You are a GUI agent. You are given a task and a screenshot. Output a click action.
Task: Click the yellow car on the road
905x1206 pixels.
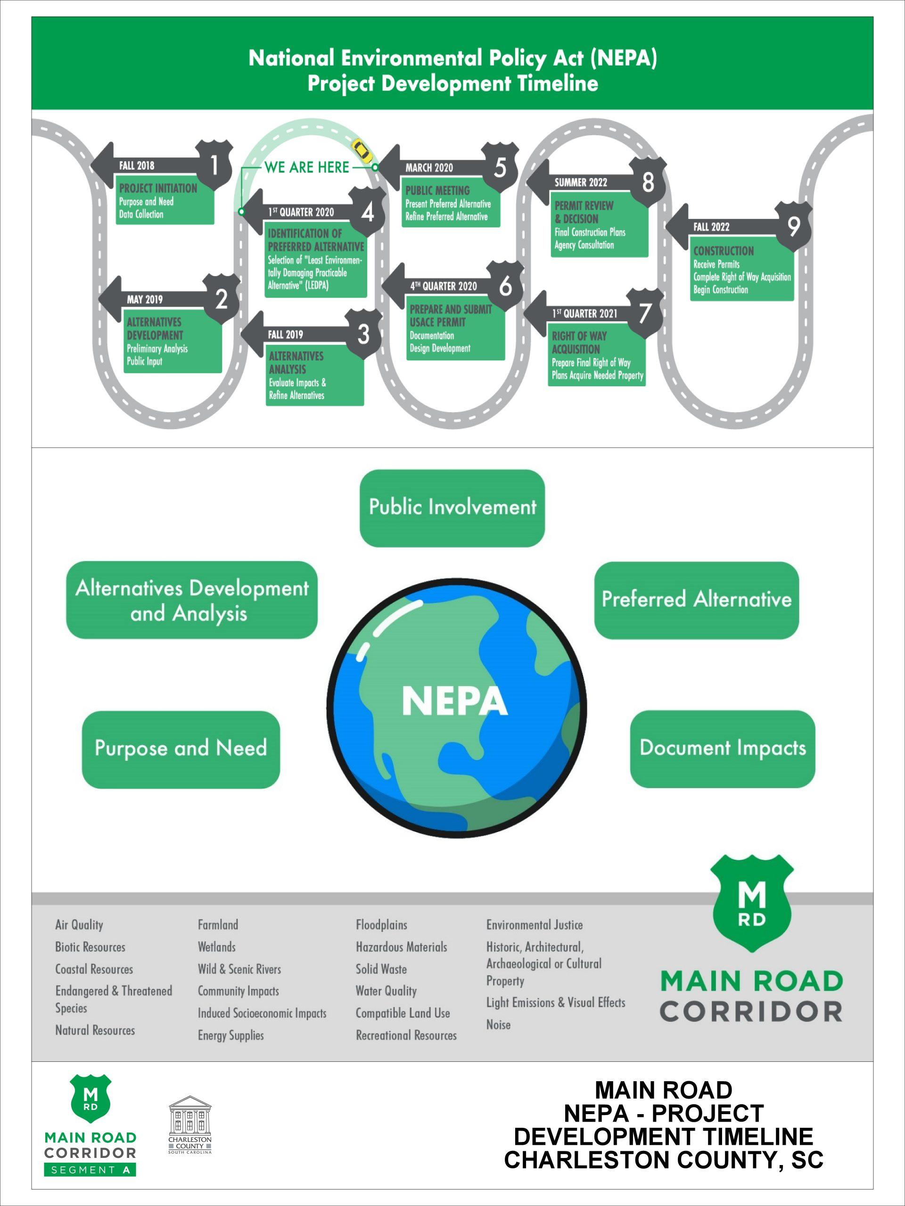click(x=362, y=150)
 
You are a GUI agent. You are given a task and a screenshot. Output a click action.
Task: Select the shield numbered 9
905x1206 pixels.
click(x=793, y=226)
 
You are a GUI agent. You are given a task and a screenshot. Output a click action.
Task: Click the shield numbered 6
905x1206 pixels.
click(x=505, y=285)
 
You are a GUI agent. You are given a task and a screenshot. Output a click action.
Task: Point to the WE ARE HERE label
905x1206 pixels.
click(x=306, y=167)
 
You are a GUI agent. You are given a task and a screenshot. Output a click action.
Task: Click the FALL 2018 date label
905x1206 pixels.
click(x=137, y=165)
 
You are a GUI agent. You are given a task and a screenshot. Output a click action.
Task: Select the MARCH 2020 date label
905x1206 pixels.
click(x=429, y=168)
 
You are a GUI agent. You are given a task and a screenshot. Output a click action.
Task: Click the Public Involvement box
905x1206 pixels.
click(x=452, y=507)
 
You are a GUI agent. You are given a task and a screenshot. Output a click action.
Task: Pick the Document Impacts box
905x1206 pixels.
click(x=722, y=748)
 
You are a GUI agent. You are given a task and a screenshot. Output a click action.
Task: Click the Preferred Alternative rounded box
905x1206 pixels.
click(x=696, y=600)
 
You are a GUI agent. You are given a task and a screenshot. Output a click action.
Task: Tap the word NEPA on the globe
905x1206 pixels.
click(x=454, y=701)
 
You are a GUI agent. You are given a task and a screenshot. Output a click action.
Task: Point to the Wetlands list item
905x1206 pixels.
click(x=216, y=947)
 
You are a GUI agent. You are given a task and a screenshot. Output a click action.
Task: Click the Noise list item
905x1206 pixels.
click(x=498, y=1025)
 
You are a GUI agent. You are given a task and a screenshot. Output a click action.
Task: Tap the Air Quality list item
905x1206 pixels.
click(x=79, y=925)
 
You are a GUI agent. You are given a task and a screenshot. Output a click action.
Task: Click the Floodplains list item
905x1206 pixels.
click(x=381, y=925)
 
